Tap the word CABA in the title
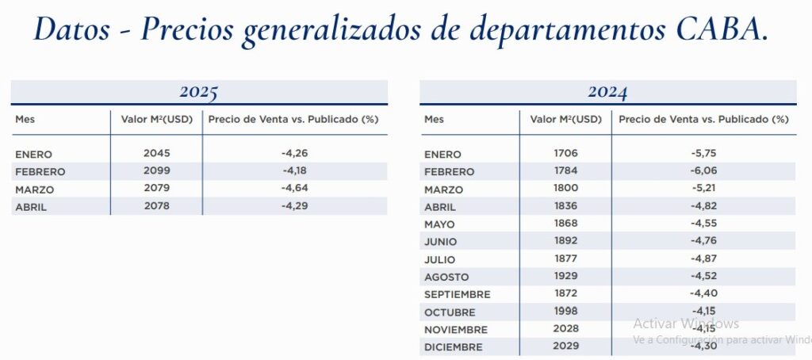coord(720,30)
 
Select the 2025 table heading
coord(199,92)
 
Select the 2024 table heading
coord(607,92)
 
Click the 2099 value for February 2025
coord(157,170)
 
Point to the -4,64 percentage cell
coord(295,188)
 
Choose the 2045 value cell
coord(157,153)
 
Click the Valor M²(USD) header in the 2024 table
coord(565,119)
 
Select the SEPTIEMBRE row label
coord(458,294)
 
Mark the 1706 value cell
coord(566,153)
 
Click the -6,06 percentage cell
coord(704,170)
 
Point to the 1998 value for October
coord(566,311)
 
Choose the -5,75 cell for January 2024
coord(704,153)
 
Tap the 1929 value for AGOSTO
coord(566,276)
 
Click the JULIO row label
coord(440,259)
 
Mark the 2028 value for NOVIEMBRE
coord(566,328)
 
